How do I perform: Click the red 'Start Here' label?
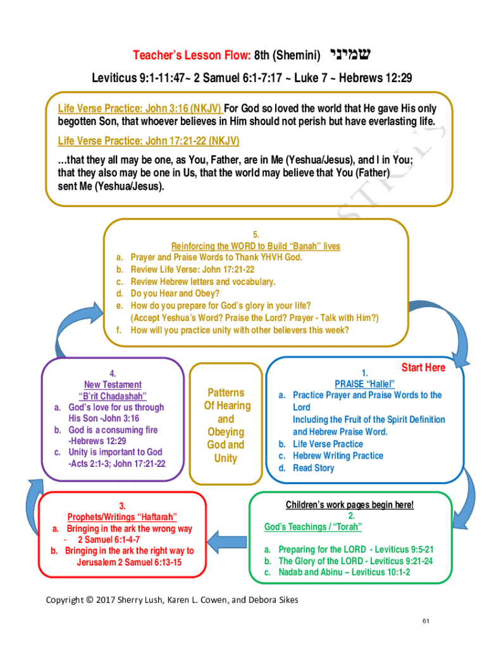click(423, 368)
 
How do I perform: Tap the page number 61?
click(426, 621)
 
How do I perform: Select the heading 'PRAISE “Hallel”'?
click(364, 384)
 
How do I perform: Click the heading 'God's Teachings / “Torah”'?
click(313, 526)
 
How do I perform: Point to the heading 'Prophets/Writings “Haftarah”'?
click(122, 517)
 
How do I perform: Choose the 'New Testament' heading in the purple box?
click(113, 384)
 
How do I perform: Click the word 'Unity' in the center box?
click(225, 458)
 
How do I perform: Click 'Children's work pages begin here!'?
click(350, 504)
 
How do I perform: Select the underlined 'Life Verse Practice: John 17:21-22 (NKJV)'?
click(149, 140)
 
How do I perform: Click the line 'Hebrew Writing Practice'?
click(338, 456)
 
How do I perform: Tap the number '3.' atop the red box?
click(122, 505)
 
